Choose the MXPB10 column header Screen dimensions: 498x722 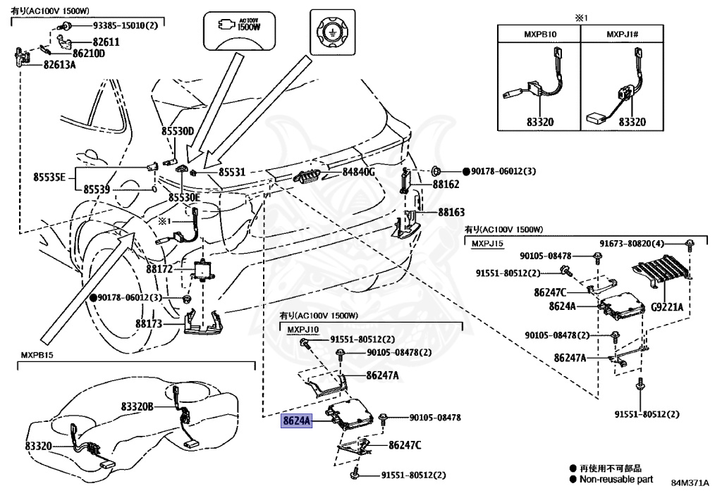(540, 34)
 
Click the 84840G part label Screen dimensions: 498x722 (359, 172)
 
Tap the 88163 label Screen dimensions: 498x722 (451, 211)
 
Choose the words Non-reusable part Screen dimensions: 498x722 (616, 479)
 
